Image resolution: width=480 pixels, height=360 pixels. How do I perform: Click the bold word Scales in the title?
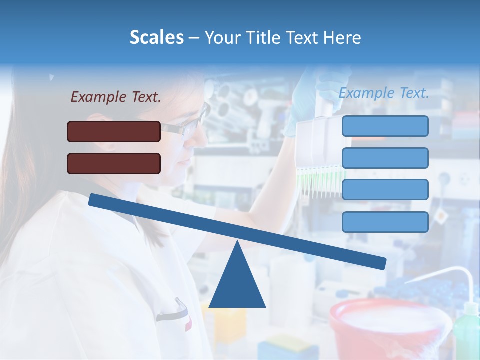coord(157,37)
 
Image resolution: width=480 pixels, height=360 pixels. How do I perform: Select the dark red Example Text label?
coord(116,97)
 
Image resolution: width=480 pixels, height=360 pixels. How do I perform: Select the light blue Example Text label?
coord(384,93)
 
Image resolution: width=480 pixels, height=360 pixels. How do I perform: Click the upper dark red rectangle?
coord(114,131)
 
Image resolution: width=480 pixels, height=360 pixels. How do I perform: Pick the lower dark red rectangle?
coord(114,163)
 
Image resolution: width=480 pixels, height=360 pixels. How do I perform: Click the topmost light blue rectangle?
coord(385,126)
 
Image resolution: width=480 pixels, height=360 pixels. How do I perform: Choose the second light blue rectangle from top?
coord(385,158)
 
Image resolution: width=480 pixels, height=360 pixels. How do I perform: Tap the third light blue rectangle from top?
coord(385,190)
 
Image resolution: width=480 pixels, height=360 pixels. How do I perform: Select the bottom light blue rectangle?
coord(385,222)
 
